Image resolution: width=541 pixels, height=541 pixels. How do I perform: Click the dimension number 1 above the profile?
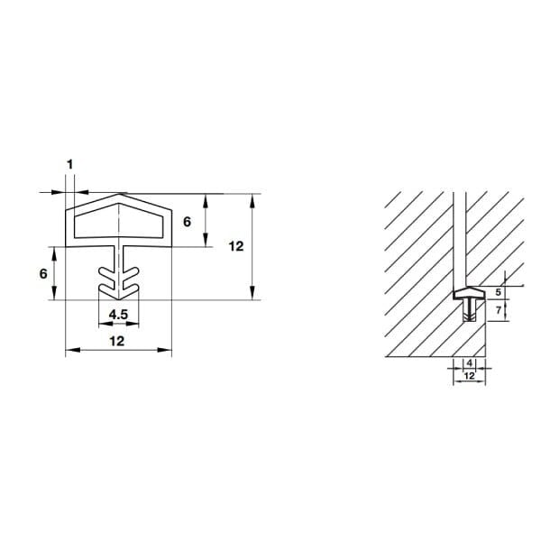coord(69,164)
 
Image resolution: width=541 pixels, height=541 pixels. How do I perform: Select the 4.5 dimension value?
coord(116,315)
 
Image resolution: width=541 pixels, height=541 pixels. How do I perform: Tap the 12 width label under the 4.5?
coord(116,341)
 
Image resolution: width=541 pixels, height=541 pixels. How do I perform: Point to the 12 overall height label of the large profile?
coord(236,245)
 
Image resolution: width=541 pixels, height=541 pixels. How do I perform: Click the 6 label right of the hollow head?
coord(187,221)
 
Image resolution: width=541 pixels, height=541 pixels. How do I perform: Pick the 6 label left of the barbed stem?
coord(43,274)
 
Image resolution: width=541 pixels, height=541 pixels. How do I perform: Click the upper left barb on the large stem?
coord(105,269)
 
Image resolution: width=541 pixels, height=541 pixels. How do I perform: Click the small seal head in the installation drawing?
coord(468,293)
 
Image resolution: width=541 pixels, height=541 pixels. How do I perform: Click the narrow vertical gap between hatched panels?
coord(458,234)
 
